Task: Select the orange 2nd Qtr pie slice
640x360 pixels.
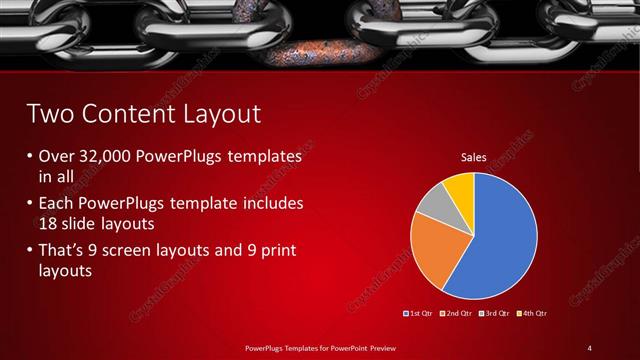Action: coord(432,250)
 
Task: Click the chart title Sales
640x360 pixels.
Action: coord(473,157)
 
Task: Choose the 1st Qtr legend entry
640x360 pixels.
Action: coord(419,313)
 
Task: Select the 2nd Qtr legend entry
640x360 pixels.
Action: coord(457,313)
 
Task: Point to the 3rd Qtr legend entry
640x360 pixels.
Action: coord(495,313)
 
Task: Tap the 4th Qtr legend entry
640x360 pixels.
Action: coord(533,313)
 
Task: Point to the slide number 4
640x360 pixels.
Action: coord(590,347)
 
